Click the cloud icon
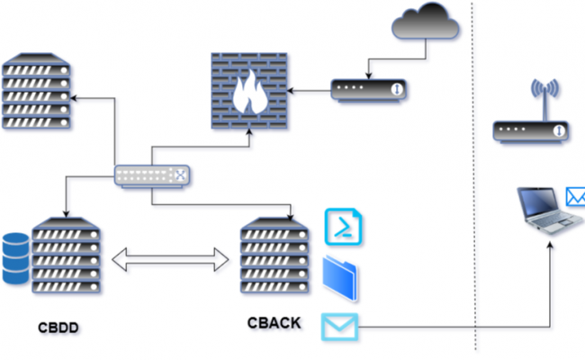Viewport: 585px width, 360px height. coord(425,23)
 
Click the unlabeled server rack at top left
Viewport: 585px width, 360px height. coord(35,90)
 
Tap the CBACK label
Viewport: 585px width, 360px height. coord(274,322)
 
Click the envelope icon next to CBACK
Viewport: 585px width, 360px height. coord(340,326)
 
